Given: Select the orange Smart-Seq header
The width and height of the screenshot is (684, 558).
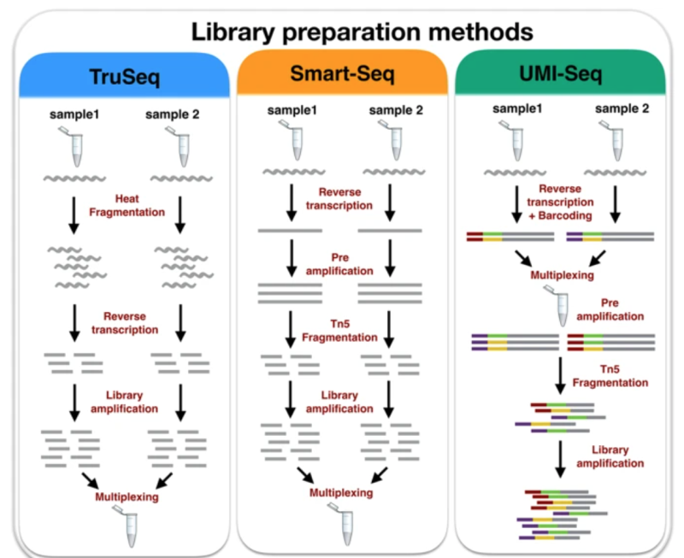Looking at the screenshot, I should point(342,76).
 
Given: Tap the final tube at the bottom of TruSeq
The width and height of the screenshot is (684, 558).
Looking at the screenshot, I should point(130,529).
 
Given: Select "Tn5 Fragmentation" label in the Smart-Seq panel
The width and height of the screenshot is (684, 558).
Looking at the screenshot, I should point(339,330).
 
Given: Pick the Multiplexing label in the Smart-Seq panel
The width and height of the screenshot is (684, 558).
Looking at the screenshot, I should point(341,493).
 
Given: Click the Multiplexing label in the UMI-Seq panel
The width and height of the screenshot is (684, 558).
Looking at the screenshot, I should point(563,275).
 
